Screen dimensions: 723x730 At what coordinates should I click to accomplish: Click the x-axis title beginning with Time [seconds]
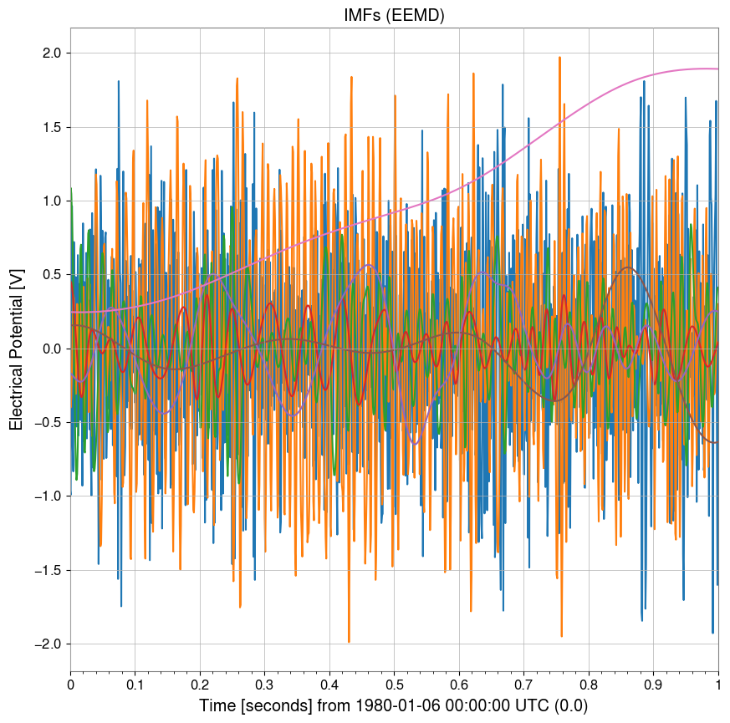pyautogui.click(x=394, y=705)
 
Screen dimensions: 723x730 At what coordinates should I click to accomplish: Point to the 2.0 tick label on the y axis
pyautogui.click(x=49, y=53)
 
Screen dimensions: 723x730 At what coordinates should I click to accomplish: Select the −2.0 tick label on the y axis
pyautogui.click(x=46, y=644)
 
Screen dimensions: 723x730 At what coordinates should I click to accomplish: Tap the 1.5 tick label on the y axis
pyautogui.click(x=49, y=127)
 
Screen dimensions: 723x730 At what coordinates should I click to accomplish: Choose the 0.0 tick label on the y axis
pyautogui.click(x=49, y=349)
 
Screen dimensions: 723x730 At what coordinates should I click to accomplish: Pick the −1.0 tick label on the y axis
pyautogui.click(x=46, y=496)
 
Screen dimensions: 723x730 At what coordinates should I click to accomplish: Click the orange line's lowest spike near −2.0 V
pyautogui.click(x=349, y=642)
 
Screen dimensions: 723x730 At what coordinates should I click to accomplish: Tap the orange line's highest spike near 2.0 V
pyautogui.click(x=559, y=57)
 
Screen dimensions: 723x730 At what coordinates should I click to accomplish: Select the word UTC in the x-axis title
pyautogui.click(x=522, y=705)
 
